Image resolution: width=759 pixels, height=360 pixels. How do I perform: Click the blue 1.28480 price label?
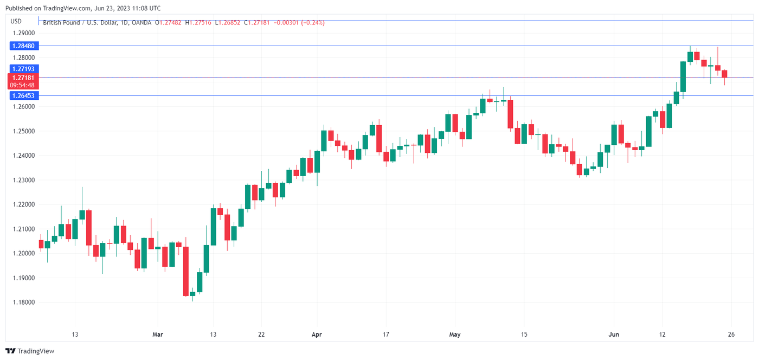pos(24,46)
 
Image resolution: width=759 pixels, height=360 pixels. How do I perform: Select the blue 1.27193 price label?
pos(24,69)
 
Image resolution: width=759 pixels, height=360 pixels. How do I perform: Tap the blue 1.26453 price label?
pos(24,95)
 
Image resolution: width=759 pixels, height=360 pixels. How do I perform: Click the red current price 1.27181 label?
pos(24,78)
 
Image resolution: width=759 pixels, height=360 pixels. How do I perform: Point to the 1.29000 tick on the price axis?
pos(23,33)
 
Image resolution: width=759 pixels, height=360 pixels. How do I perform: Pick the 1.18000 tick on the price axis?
pos(23,303)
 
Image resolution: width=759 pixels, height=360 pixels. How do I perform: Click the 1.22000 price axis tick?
pos(23,204)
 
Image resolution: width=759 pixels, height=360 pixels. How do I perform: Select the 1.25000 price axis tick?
pos(23,131)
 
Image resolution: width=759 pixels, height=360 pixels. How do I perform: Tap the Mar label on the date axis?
pos(158,335)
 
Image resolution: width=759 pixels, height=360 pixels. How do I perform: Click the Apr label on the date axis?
pos(317,335)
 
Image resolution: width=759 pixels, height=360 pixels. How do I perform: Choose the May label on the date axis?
pos(455,335)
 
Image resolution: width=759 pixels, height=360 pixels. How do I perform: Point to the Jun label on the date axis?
pos(614,335)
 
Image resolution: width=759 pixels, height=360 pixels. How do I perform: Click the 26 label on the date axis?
pos(731,335)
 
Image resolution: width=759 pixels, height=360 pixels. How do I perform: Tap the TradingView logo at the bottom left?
pos(30,351)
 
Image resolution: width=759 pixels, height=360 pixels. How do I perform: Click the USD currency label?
pos(16,21)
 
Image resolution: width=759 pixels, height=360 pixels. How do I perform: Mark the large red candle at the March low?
pos(185,271)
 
